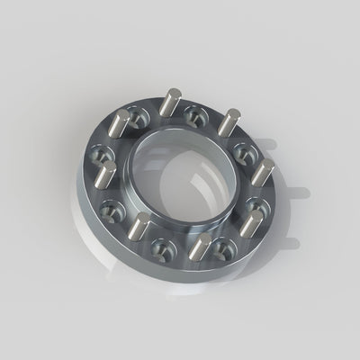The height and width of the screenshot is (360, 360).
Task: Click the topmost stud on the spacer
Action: click(168, 103)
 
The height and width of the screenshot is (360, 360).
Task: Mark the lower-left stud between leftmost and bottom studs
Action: click(138, 232)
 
